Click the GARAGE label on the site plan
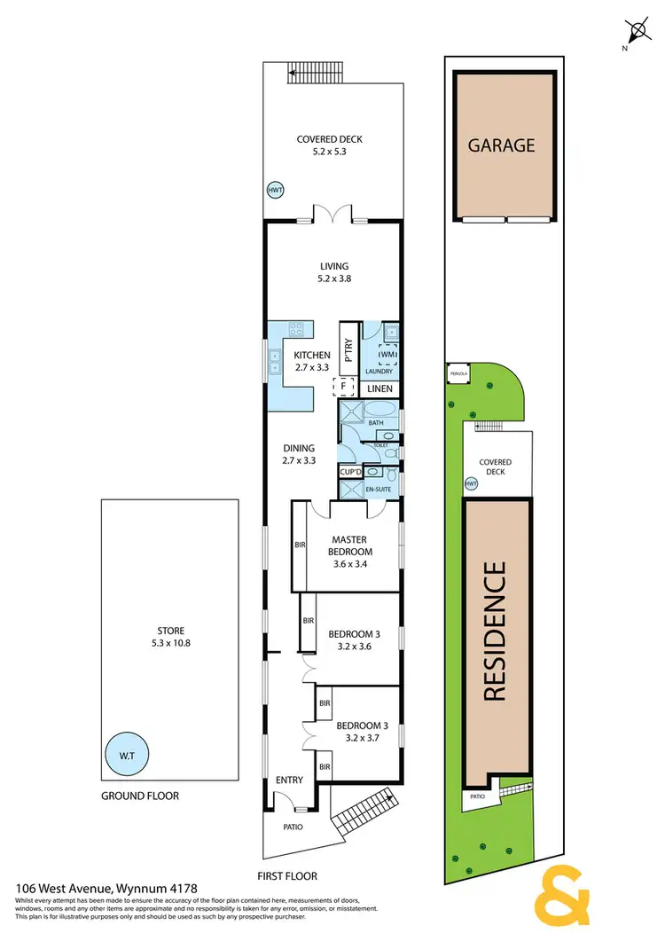click(x=502, y=145)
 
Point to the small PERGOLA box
click(x=457, y=373)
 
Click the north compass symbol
click(x=636, y=33)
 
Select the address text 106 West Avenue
click(x=87, y=888)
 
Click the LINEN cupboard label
click(x=379, y=388)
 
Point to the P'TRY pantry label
click(x=348, y=352)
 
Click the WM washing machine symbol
click(x=387, y=355)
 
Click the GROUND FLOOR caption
click(x=139, y=796)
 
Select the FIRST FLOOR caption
click(x=286, y=875)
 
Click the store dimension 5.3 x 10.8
click(x=168, y=643)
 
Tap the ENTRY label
click(x=289, y=780)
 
